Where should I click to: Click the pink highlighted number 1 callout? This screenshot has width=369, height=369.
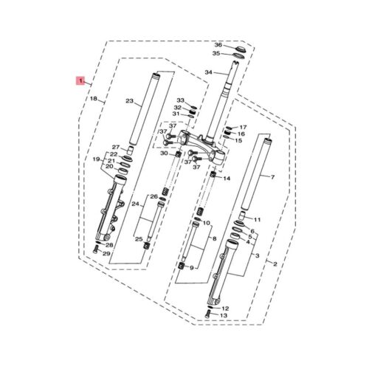(80, 80)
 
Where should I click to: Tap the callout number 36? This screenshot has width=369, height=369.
(218, 45)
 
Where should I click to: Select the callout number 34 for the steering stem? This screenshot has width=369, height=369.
(208, 72)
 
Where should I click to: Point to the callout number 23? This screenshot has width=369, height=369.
(129, 101)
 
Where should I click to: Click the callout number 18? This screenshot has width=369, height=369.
(94, 99)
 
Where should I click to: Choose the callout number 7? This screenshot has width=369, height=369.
(272, 177)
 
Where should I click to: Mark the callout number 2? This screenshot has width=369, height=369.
(275, 264)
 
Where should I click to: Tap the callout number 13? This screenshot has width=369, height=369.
(224, 315)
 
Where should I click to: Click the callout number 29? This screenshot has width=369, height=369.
(106, 253)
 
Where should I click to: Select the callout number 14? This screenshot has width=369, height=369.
(227, 178)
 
